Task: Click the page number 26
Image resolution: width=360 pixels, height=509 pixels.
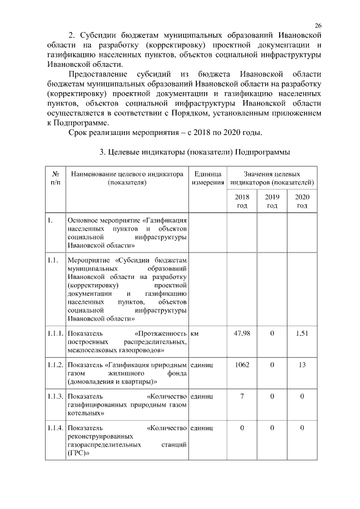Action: coord(318,25)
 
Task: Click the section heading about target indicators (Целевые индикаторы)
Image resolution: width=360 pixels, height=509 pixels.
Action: coord(195,152)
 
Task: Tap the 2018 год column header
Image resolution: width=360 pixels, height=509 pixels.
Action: coord(241,201)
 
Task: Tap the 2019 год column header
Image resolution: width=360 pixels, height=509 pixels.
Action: coord(272,201)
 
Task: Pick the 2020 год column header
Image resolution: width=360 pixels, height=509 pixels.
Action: coord(302,201)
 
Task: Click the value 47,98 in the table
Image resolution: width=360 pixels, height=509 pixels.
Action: coord(241,334)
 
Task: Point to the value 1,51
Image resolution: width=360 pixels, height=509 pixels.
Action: coord(302,334)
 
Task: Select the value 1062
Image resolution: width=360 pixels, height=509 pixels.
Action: coord(241,365)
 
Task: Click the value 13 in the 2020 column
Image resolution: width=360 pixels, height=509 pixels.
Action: coord(302,365)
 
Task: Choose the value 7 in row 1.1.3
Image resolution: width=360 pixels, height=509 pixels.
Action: coord(241,397)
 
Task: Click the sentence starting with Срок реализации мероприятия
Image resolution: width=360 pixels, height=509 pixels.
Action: coord(165,132)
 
